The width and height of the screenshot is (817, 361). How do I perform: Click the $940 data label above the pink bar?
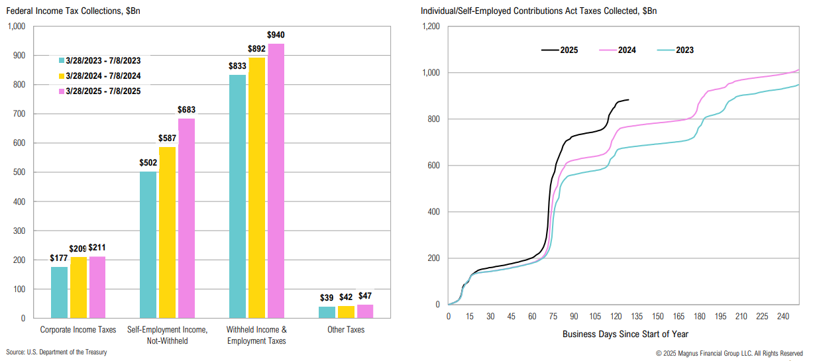[x=276, y=34]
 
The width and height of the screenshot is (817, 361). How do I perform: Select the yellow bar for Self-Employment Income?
[x=168, y=232]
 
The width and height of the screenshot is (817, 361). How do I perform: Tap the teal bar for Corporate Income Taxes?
[x=60, y=292]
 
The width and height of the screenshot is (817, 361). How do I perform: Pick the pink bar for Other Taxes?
[x=365, y=311]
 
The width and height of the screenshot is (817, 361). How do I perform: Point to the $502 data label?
[x=148, y=163]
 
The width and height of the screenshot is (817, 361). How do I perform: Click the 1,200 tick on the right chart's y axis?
[x=431, y=26]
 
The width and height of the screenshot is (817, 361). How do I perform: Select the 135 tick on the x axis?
[x=637, y=317]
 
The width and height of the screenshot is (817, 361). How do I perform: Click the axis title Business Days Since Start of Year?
[x=626, y=334]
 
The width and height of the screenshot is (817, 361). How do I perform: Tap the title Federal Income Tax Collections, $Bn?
[x=74, y=11]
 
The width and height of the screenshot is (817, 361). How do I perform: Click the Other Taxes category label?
[x=346, y=329]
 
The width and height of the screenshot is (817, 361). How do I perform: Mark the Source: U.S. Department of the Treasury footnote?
[x=56, y=352]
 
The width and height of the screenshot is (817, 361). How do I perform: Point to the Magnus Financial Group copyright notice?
[x=729, y=353]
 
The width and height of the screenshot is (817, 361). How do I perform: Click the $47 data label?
[x=365, y=295]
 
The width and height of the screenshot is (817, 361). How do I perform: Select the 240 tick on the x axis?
[x=783, y=317]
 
